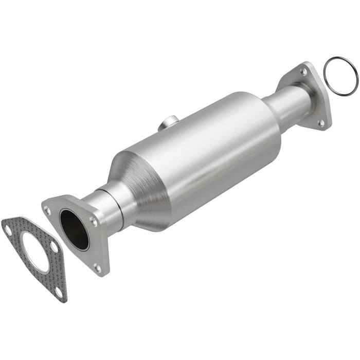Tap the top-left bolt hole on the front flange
(x=47, y=210)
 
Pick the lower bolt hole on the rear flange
(x=321, y=122)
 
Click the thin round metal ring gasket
(x=340, y=77)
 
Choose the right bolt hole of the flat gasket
(x=54, y=247)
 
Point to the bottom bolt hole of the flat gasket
(x=58, y=291)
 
